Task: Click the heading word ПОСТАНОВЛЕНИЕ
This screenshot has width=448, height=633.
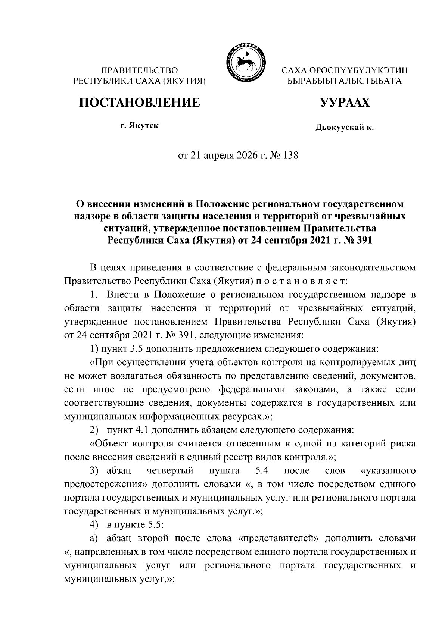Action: [139, 103]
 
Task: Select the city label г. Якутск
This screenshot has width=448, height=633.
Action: [139, 126]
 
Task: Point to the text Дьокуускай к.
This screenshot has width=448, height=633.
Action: [344, 128]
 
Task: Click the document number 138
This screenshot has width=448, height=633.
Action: [290, 155]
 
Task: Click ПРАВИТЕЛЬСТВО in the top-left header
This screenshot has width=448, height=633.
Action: [140, 70]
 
